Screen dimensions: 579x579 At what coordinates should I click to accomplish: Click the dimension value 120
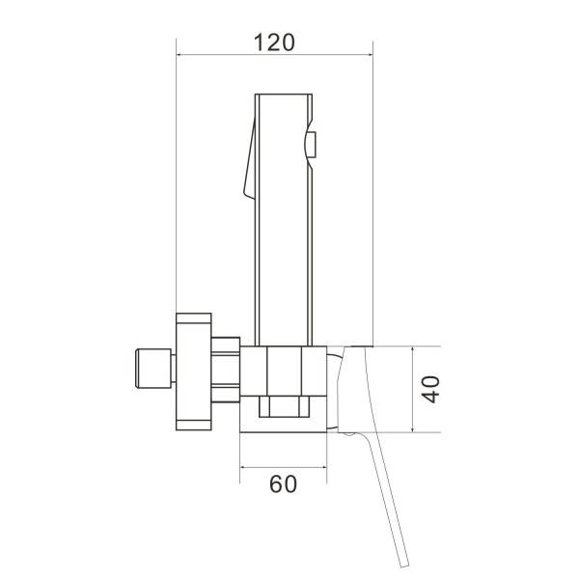coord(274,42)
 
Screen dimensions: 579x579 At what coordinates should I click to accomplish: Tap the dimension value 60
coord(283,484)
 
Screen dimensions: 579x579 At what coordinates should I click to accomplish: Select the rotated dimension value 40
coord(431,389)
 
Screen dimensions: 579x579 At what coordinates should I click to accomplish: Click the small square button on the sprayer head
coord(312,145)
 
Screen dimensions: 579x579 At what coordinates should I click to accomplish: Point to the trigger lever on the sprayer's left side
coord(250,159)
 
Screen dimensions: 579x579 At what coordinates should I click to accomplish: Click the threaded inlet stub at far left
coord(153,369)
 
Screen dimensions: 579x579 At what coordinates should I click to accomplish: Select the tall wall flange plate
coord(194,372)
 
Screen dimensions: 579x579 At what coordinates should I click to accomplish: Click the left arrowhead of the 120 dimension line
coord(179,55)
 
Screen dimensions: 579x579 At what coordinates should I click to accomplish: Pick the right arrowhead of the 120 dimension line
coord(370,55)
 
